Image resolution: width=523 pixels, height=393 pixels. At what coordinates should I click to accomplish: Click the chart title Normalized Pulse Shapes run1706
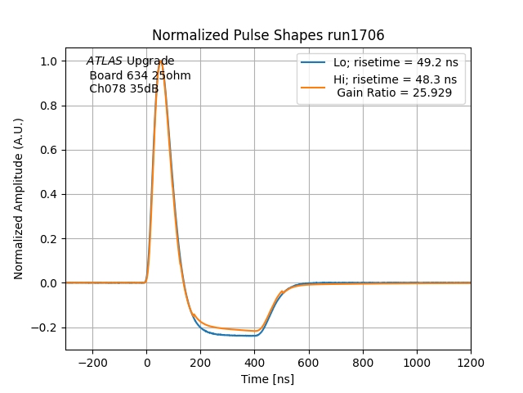(x=268, y=35)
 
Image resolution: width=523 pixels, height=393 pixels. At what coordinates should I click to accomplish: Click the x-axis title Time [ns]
(x=267, y=379)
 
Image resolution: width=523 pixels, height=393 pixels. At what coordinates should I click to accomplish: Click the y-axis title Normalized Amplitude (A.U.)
(x=19, y=199)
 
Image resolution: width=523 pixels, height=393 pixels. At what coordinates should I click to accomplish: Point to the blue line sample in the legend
(x=313, y=62)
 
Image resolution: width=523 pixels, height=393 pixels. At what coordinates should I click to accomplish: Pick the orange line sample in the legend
(x=313, y=80)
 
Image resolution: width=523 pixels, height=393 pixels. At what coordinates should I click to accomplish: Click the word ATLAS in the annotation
(x=105, y=61)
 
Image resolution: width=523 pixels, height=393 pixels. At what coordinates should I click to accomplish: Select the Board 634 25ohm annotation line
(x=140, y=75)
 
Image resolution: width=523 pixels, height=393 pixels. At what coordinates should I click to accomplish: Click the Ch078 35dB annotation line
(x=123, y=89)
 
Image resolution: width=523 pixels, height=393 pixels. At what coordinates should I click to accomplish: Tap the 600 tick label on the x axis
(x=309, y=361)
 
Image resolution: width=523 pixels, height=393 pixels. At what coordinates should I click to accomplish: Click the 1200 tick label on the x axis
(x=471, y=361)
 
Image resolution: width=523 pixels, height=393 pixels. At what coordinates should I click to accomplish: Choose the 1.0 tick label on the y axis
(x=48, y=61)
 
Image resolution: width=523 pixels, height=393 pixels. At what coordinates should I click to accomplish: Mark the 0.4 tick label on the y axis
(x=48, y=195)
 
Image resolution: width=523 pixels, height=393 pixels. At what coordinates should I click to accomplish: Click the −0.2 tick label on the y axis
(x=45, y=327)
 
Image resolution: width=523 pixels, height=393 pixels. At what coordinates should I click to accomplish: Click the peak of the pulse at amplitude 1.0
(x=161, y=61)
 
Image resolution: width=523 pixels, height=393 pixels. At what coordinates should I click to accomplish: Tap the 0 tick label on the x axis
(x=147, y=361)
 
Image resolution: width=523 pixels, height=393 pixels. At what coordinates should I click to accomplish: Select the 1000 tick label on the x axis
(x=417, y=361)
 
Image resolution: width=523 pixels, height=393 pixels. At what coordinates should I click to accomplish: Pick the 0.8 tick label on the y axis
(x=48, y=106)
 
